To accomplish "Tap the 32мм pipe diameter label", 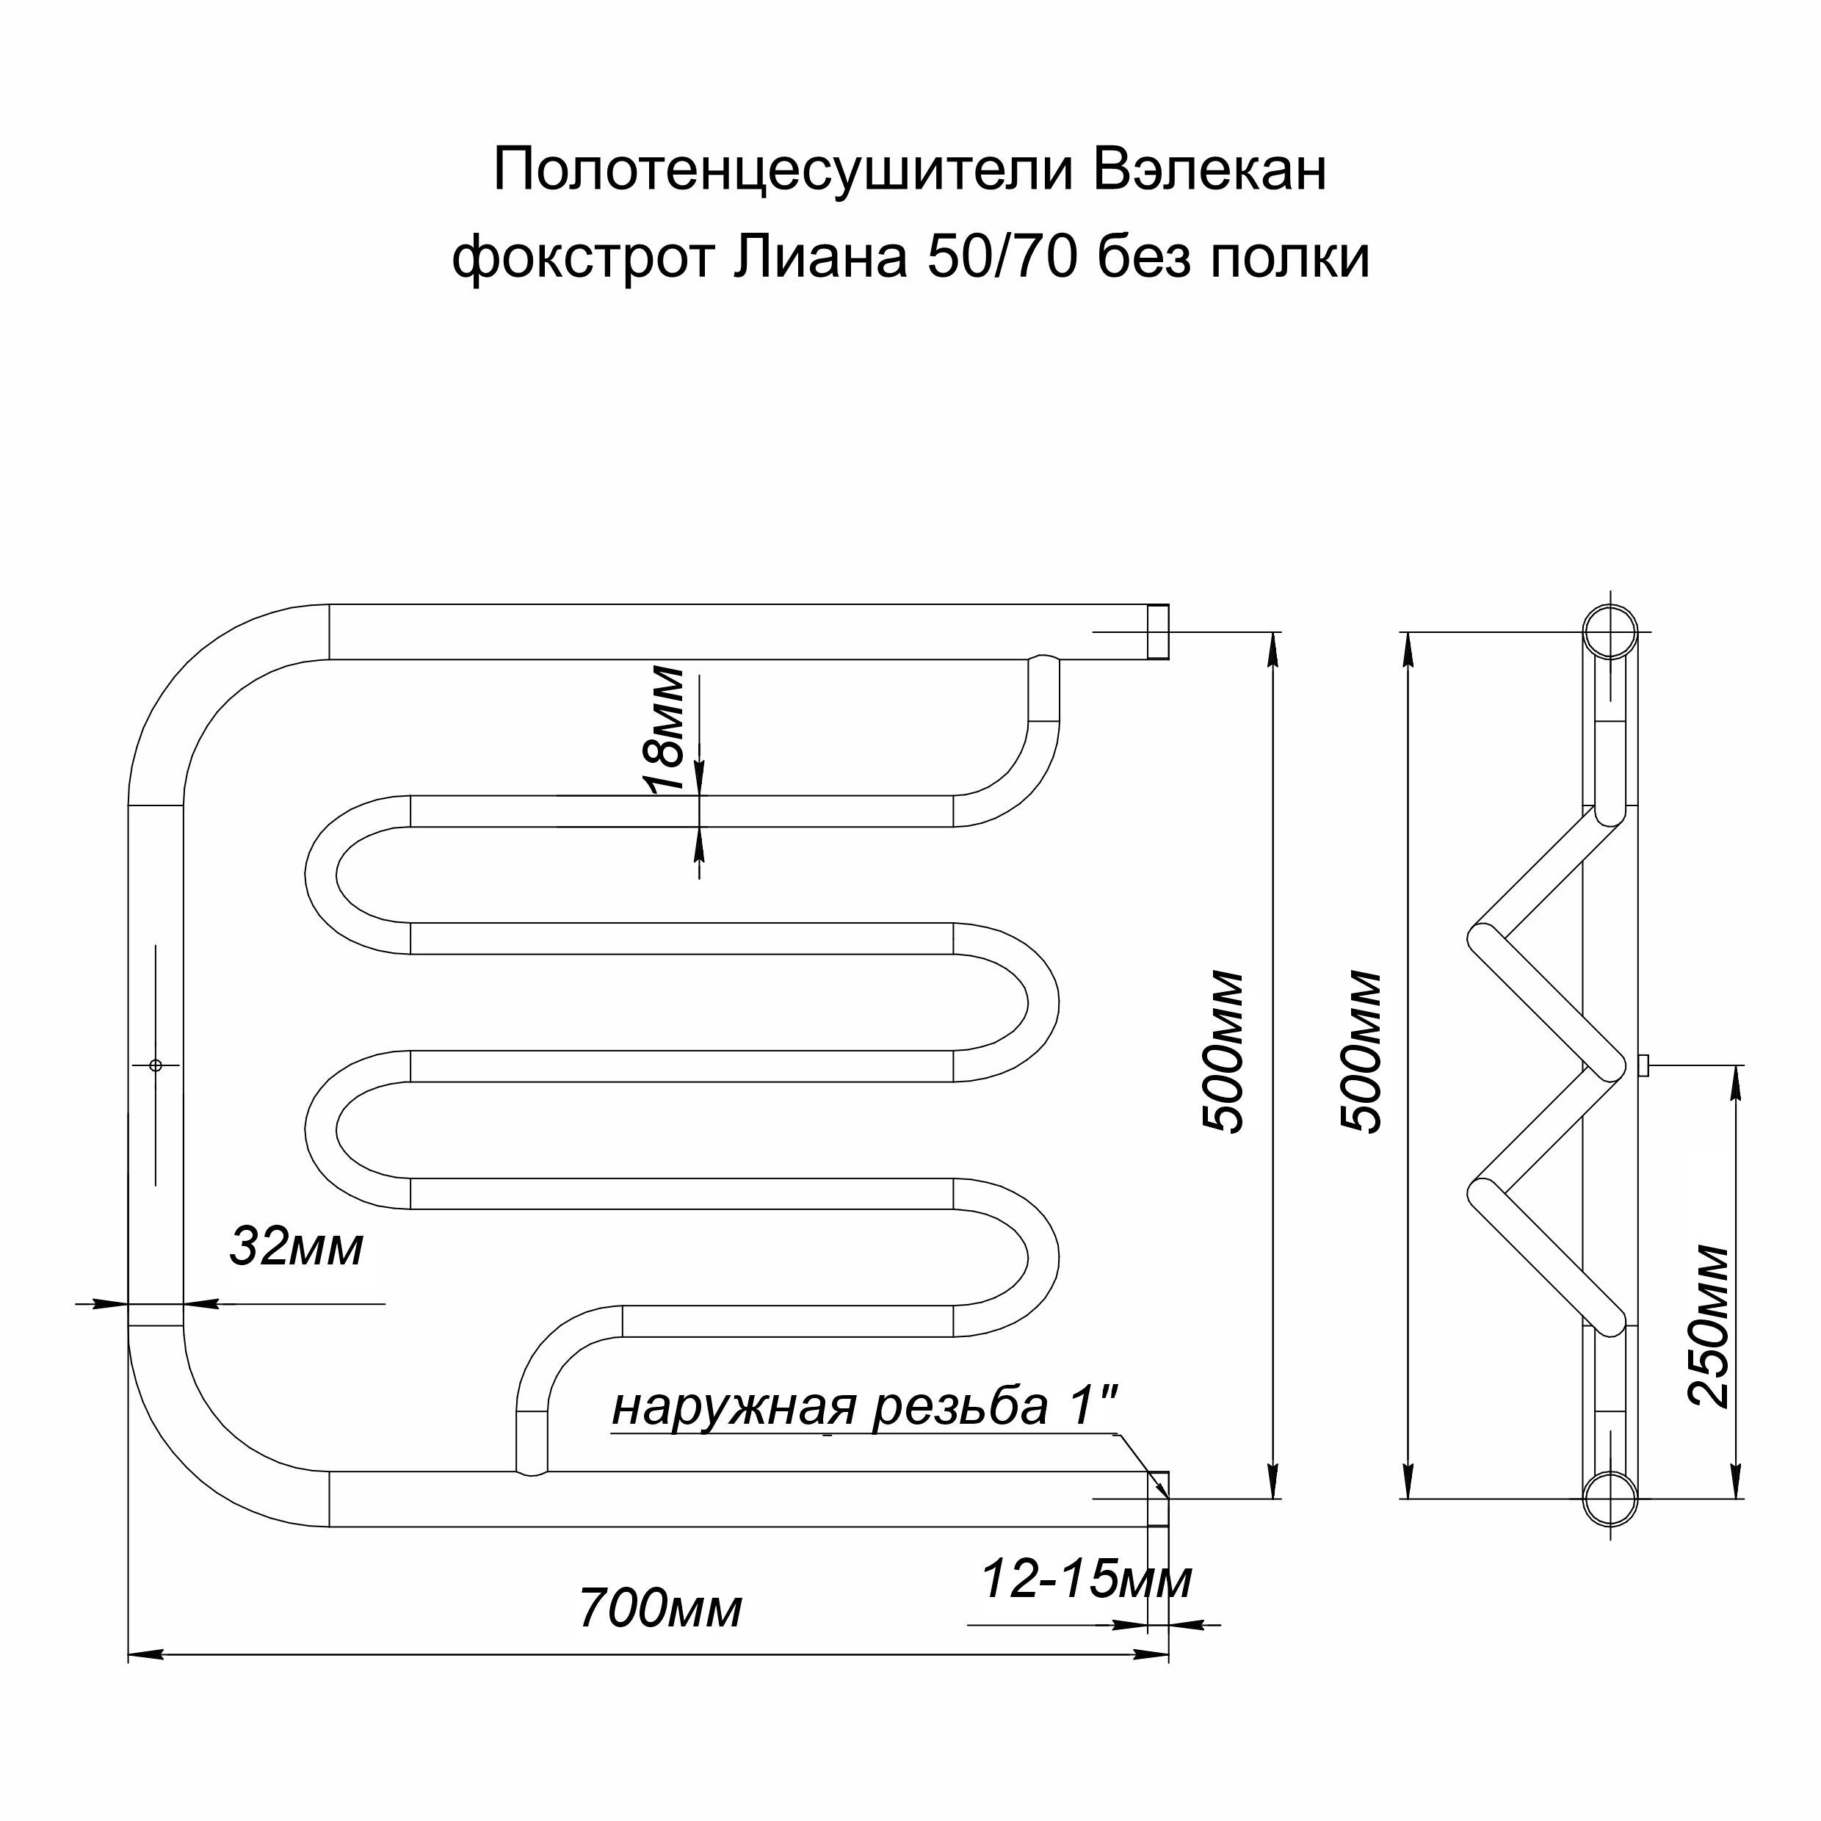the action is click(x=296, y=1247).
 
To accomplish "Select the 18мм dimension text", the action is click(x=667, y=730).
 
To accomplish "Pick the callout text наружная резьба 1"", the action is click(x=865, y=1406).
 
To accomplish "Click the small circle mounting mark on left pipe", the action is click(x=156, y=1065).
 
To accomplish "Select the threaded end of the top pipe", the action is click(x=1159, y=631).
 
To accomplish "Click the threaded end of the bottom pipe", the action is click(x=1159, y=1499).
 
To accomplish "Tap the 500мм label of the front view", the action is click(x=1223, y=1050).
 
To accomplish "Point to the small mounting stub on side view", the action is click(x=1645, y=1065).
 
